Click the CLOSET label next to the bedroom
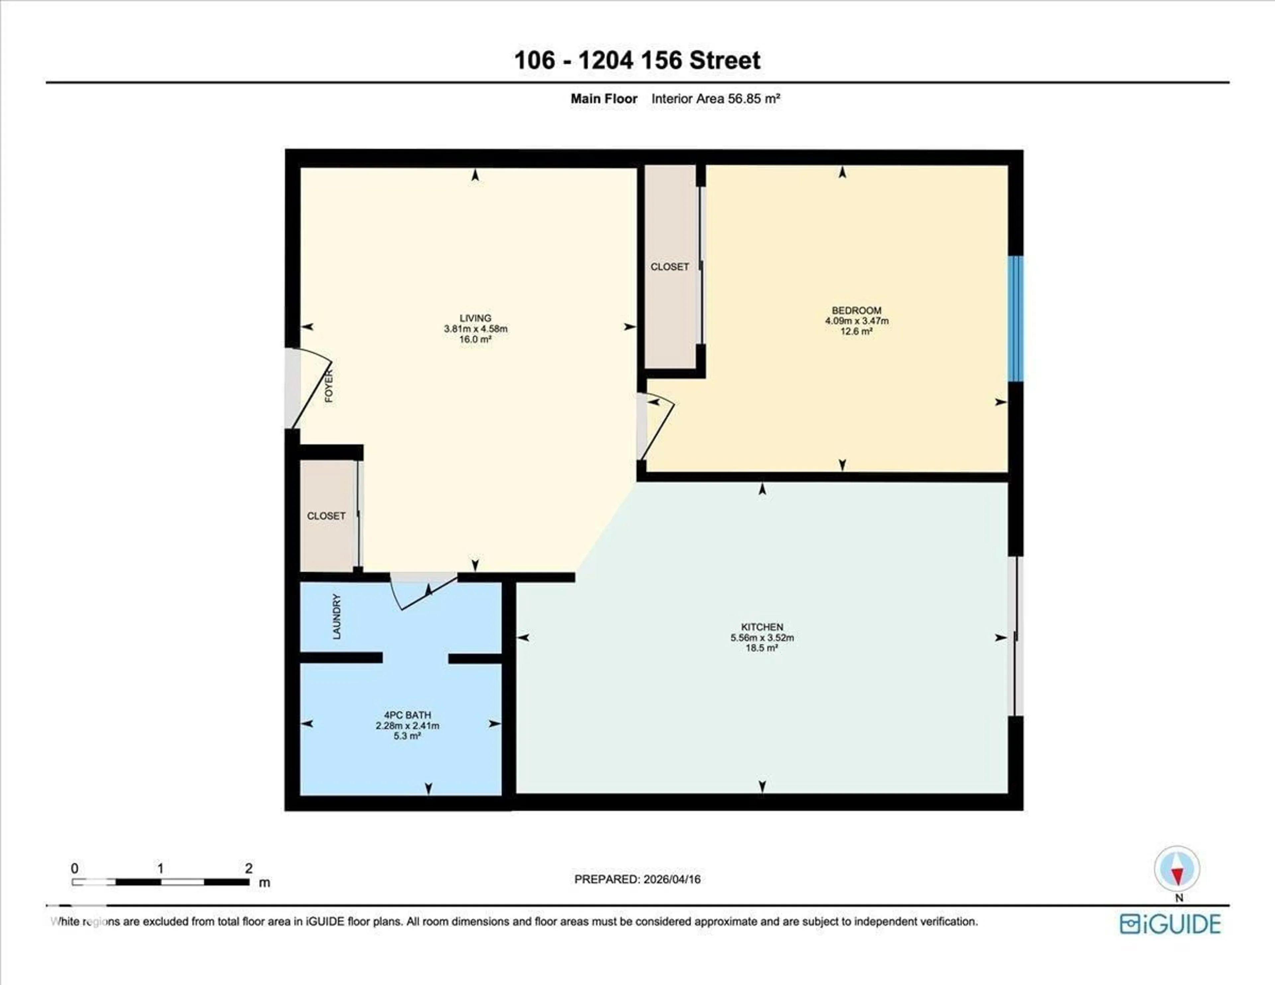[670, 267]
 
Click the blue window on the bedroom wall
[1016, 319]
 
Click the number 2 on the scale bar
[249, 868]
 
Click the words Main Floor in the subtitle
[604, 99]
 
